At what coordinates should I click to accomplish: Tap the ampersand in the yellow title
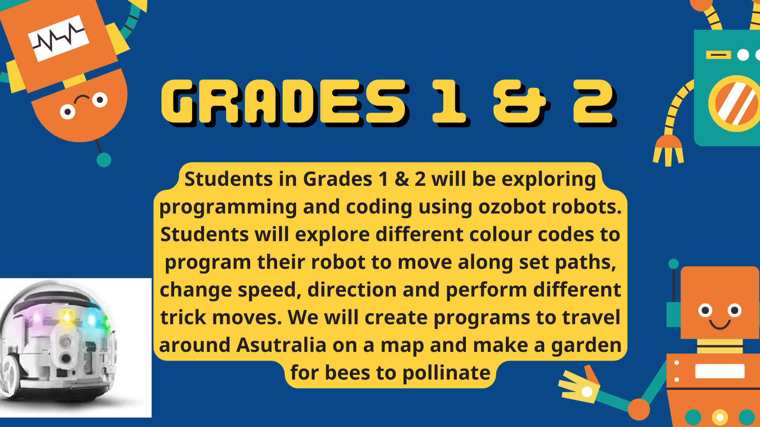tap(521, 102)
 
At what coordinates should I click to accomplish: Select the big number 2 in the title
tap(595, 102)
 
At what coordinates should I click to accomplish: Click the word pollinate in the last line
tap(446, 373)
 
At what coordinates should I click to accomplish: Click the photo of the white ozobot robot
tap(76, 348)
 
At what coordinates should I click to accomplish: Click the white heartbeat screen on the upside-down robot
tap(59, 38)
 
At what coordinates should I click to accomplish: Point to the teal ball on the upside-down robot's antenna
tap(104, 160)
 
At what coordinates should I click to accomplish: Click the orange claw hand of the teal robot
tap(669, 150)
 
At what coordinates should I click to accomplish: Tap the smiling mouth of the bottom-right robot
tap(720, 325)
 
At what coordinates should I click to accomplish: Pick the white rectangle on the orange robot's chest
tap(720, 371)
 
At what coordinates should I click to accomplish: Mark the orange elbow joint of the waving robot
tap(638, 409)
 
